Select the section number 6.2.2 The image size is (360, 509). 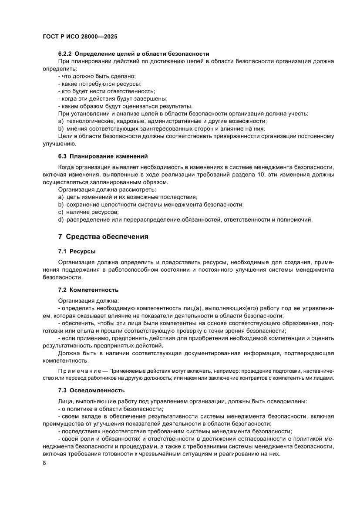click(x=65, y=54)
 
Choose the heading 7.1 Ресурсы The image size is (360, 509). click(x=77, y=252)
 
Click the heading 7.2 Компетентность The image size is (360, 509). click(x=88, y=290)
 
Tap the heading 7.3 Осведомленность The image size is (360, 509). click(x=91, y=390)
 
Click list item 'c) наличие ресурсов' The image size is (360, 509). click(x=88, y=212)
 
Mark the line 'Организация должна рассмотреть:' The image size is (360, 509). click(x=107, y=189)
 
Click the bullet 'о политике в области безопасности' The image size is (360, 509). click(x=111, y=409)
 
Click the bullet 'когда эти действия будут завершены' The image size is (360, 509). click(x=112, y=99)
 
